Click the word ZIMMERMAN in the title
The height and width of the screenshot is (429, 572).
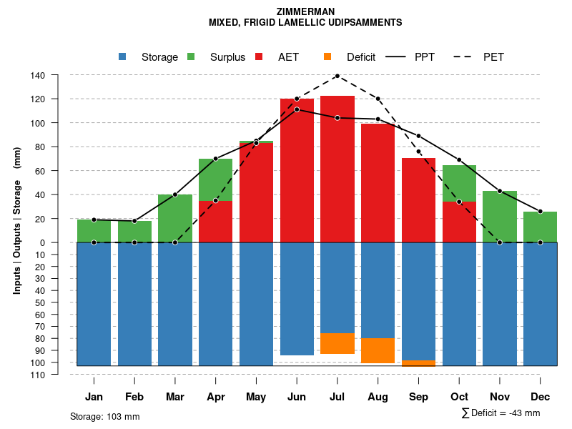tap(305, 11)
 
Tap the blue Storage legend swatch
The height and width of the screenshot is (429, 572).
tap(123, 56)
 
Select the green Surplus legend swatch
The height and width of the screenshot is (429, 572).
tap(191, 56)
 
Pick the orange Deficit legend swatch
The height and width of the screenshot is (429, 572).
tap(327, 56)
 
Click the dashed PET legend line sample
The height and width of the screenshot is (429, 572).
tap(465, 56)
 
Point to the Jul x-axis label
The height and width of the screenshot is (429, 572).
tap(337, 397)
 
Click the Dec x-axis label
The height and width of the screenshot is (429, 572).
tap(541, 397)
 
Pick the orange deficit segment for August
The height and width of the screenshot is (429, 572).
tap(378, 350)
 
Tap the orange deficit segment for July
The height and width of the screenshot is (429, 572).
tap(337, 343)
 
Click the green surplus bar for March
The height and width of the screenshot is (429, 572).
tap(175, 218)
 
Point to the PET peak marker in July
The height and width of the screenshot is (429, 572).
tap(337, 75)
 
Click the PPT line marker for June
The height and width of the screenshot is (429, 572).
tap(297, 109)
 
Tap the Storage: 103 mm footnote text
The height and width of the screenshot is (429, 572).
tap(104, 416)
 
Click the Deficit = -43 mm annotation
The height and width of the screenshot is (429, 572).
tap(501, 413)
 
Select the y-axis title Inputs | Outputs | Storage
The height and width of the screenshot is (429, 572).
tap(17, 220)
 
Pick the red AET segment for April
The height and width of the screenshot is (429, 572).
tap(216, 222)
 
